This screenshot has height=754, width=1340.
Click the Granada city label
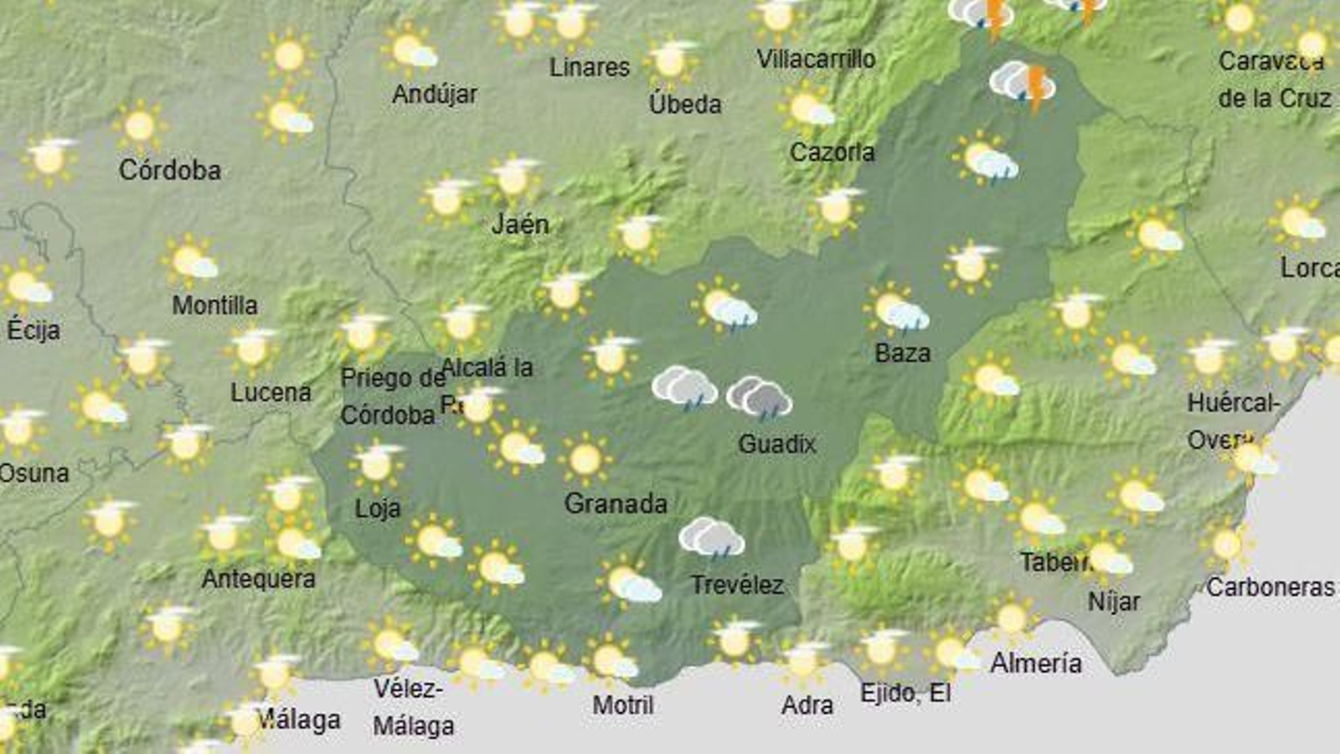pyautogui.click(x=616, y=504)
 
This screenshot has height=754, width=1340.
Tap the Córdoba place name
pyautogui.click(x=170, y=170)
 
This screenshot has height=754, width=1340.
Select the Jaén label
pyautogui.click(x=520, y=224)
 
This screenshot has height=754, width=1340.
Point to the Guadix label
pyautogui.click(x=776, y=443)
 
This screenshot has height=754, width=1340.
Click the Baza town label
pyautogui.click(x=902, y=353)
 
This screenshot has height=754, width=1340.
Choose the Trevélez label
pyautogui.click(x=737, y=584)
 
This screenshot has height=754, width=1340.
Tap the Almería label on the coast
pyautogui.click(x=1036, y=664)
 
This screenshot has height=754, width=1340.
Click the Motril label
pyautogui.click(x=623, y=705)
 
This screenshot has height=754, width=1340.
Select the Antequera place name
pyautogui.click(x=259, y=578)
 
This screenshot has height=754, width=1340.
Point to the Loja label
pyautogui.click(x=378, y=508)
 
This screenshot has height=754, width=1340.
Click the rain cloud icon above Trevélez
pyautogui.click(x=711, y=537)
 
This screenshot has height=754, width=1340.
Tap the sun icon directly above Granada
pyautogui.click(x=585, y=459)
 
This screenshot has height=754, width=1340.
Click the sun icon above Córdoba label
pyautogui.click(x=139, y=127)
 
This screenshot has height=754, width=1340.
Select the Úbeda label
pyautogui.click(x=685, y=104)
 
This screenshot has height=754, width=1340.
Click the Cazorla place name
pyautogui.click(x=832, y=152)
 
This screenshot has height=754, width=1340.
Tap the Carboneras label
pyautogui.click(x=1270, y=587)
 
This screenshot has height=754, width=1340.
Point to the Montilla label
pyautogui.click(x=214, y=305)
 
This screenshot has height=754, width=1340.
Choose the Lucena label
pyautogui.click(x=271, y=392)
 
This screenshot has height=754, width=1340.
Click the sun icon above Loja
pyautogui.click(x=377, y=463)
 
